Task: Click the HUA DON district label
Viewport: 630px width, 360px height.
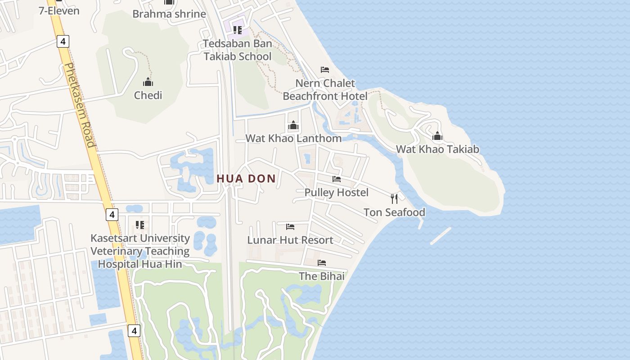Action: click(246, 179)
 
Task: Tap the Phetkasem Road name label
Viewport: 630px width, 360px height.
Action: click(79, 105)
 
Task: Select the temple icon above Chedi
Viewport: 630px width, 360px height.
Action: click(148, 82)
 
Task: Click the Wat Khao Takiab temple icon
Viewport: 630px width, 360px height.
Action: click(437, 136)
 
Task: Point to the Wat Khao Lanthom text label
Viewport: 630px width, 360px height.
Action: click(293, 138)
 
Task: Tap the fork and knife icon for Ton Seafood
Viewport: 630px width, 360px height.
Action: click(394, 198)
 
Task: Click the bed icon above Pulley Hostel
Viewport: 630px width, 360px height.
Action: click(337, 179)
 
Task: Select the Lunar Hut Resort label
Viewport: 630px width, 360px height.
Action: click(290, 240)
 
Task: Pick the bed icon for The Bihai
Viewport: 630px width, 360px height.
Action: click(322, 263)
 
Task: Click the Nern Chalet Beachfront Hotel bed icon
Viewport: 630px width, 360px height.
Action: click(325, 70)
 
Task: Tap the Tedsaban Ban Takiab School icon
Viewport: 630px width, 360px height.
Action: click(238, 30)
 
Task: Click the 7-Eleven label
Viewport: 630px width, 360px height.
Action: click(59, 10)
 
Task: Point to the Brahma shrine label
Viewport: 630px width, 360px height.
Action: click(169, 14)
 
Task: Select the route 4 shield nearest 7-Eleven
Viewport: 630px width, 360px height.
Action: click(63, 42)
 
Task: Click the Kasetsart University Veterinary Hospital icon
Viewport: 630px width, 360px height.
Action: click(140, 225)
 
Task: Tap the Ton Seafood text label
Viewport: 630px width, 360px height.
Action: click(394, 212)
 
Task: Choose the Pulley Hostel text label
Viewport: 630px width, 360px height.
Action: click(337, 193)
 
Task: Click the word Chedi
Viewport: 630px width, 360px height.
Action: click(148, 95)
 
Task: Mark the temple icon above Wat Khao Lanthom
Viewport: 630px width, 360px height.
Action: click(293, 125)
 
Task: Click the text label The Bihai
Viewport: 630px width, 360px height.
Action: click(322, 276)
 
